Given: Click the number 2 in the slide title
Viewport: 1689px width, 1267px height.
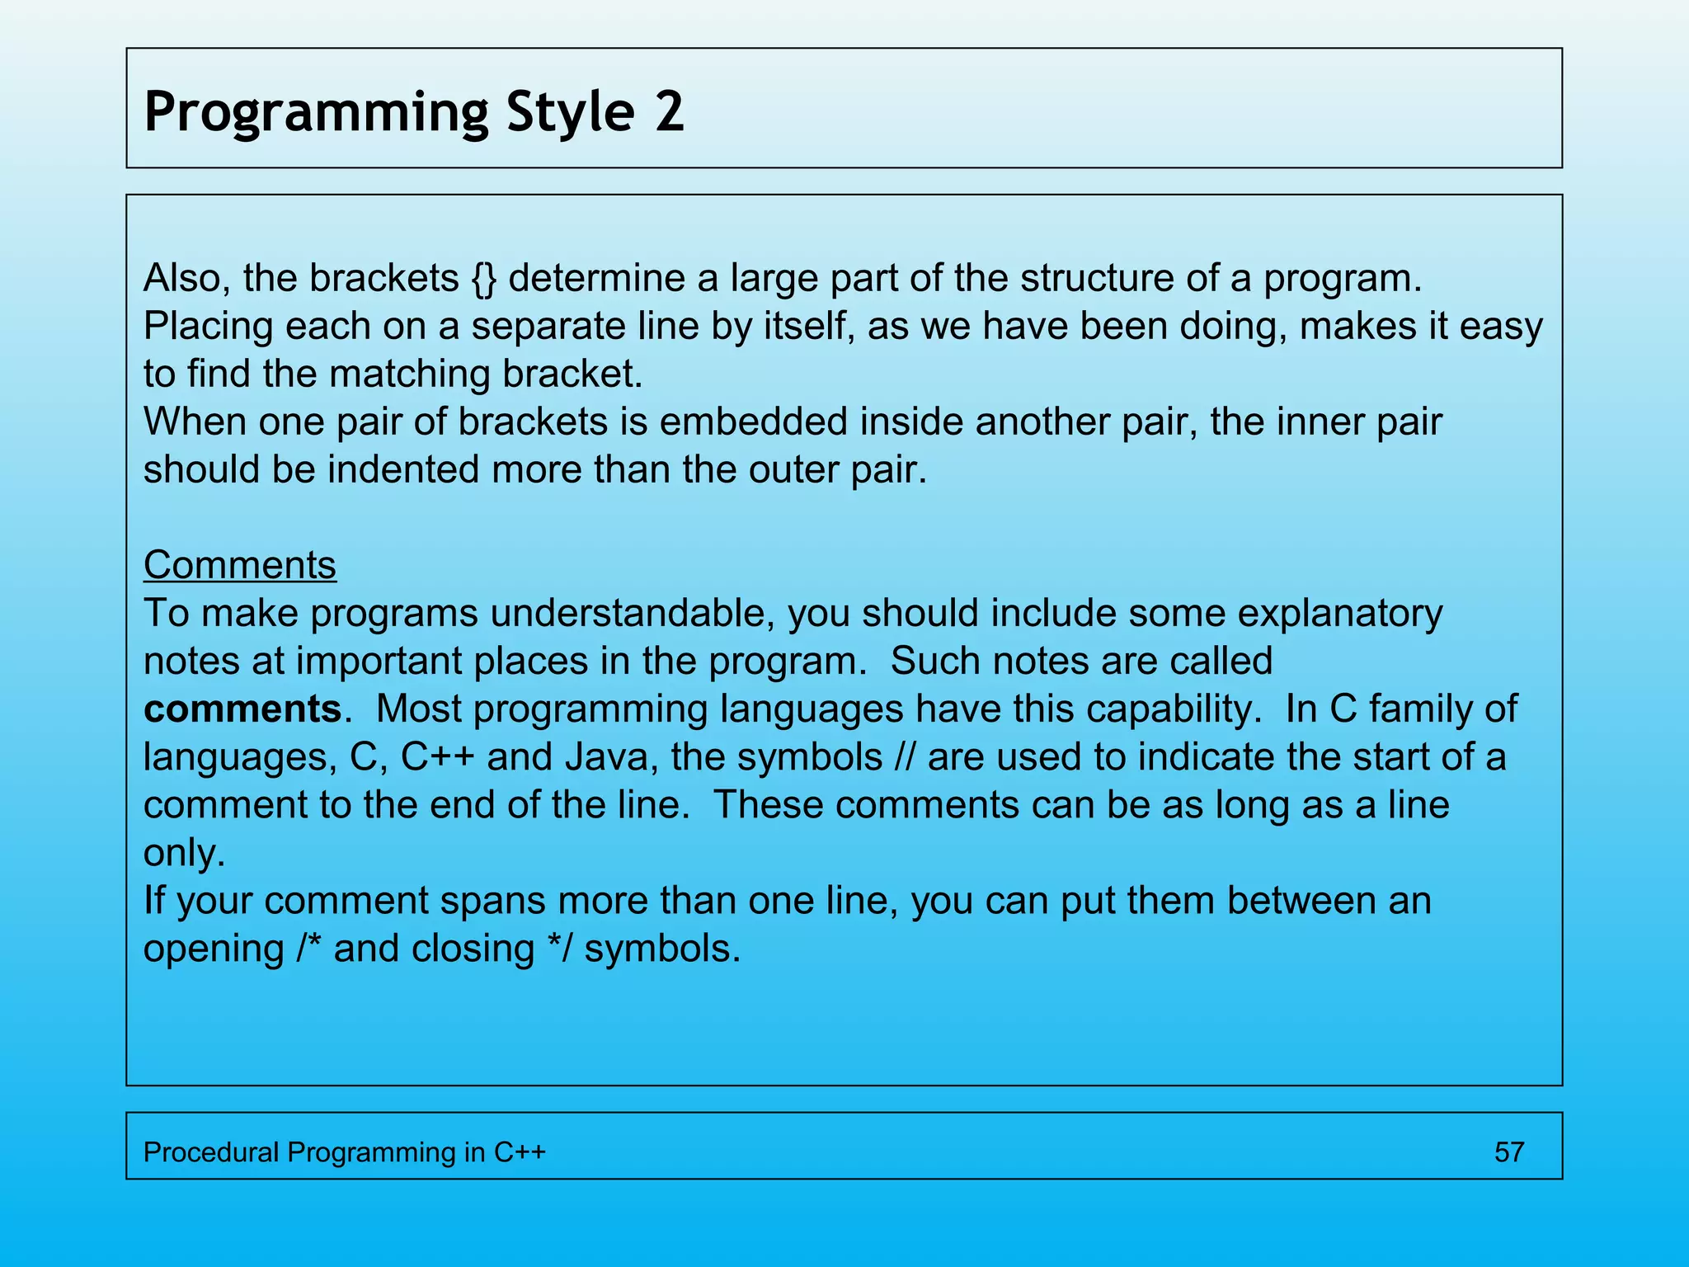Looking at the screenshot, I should (669, 112).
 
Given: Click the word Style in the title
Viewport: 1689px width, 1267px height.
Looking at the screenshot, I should (570, 114).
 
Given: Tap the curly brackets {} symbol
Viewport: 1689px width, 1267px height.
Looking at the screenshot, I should (484, 279).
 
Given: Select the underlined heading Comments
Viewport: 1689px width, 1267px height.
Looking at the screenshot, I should (239, 566).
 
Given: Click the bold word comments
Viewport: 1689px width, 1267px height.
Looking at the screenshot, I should (242, 709).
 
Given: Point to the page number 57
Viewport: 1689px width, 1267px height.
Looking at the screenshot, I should (1508, 1152).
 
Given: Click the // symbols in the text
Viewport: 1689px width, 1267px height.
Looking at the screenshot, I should (905, 757).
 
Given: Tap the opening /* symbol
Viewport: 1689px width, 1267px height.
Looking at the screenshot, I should (308, 949).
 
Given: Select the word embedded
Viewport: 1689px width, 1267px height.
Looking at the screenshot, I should (753, 422).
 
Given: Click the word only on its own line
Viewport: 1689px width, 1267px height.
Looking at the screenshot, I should (183, 853).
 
